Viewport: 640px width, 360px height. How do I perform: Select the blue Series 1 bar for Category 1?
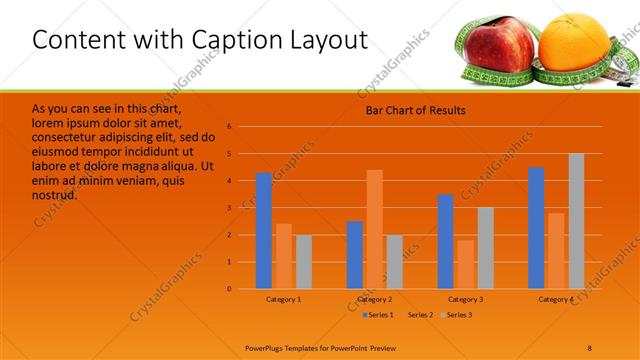point(264,231)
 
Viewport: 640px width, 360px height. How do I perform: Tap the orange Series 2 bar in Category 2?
point(375,229)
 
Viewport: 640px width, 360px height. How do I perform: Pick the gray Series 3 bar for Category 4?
point(576,221)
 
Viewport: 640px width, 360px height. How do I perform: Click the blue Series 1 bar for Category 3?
point(446,241)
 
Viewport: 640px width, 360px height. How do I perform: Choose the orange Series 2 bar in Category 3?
point(465,264)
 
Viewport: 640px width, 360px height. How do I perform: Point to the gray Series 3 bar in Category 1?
point(303,262)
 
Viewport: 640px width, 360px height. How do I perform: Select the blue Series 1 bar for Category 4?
point(536,228)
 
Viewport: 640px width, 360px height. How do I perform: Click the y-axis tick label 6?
point(229,127)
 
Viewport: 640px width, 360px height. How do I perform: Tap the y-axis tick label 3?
point(229,208)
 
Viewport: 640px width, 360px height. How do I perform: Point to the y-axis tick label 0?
point(229,289)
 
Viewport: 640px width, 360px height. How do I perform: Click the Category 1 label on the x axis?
point(283,300)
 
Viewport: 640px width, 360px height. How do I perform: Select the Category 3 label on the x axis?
point(465,300)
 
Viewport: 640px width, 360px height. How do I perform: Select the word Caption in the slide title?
point(225,39)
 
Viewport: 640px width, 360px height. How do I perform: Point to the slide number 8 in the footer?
point(589,347)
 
